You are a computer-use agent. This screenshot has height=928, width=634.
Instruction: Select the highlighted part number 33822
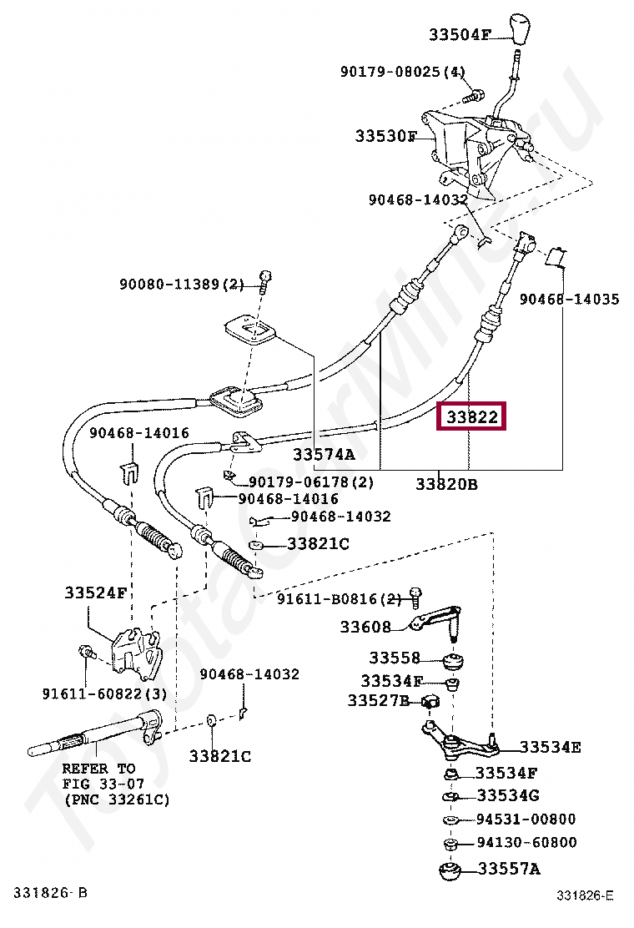point(472,416)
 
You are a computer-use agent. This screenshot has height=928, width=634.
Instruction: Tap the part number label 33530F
point(385,135)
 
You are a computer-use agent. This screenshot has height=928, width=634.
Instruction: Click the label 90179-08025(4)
point(402,72)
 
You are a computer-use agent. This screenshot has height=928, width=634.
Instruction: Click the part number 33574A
point(323,455)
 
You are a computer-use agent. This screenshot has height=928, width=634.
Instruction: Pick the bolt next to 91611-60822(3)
point(84,652)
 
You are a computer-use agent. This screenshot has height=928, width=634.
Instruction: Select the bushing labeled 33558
point(455,662)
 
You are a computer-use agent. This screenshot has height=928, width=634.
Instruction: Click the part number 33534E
point(550,747)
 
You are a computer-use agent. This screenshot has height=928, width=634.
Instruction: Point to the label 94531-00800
point(526,820)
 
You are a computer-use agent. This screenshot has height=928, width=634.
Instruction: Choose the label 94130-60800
point(526,843)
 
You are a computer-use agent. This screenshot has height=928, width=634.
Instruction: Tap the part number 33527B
point(378,701)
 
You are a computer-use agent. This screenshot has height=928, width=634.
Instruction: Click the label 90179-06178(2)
point(311,482)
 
